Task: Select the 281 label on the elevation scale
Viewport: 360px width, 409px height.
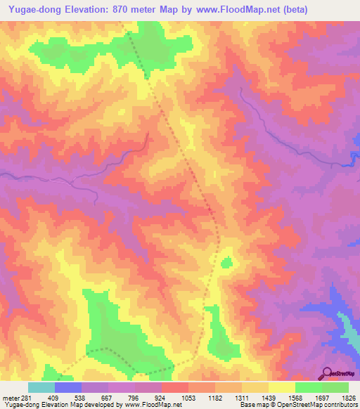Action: tap(20, 397)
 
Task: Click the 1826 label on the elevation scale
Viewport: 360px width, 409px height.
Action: tap(349, 397)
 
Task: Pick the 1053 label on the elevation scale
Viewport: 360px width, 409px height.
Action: tap(169, 397)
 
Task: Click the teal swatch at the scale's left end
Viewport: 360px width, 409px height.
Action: tap(41, 387)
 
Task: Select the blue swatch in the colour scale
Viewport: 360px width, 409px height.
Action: tap(68, 387)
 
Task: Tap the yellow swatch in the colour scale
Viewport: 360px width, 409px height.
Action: tap(282, 387)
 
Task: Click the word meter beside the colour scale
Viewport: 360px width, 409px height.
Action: tap(8, 397)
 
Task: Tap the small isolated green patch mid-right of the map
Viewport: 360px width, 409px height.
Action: tap(226, 263)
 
